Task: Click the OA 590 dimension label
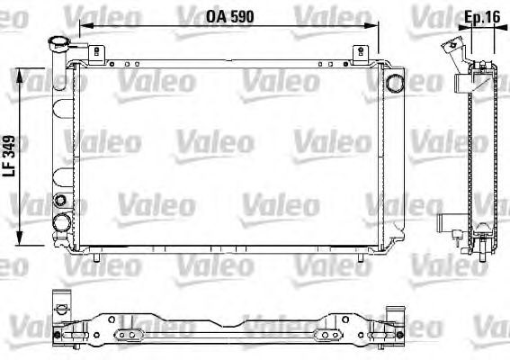[x=229, y=16]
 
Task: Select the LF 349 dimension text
[x=9, y=156]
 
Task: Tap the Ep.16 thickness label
[x=482, y=17]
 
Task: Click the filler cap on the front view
[x=58, y=42]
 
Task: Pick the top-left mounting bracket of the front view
[x=96, y=54]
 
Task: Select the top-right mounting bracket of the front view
[x=361, y=54]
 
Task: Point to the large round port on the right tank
[x=394, y=83]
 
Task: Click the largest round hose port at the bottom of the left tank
[x=62, y=222]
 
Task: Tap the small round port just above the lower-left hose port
[x=60, y=200]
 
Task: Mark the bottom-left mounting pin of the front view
[x=96, y=257]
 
